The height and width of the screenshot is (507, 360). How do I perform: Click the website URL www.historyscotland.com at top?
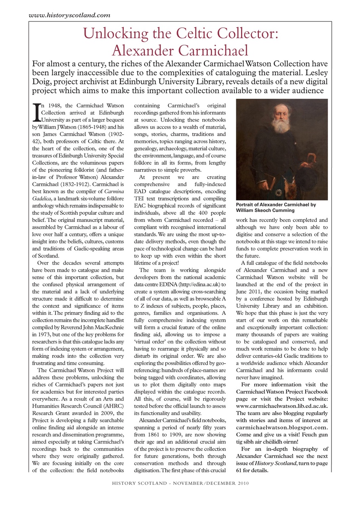point(69,15)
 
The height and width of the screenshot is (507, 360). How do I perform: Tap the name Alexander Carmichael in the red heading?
point(180,50)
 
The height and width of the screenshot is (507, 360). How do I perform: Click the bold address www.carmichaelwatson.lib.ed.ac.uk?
point(281,406)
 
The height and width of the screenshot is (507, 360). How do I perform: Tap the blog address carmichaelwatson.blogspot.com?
point(281,427)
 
